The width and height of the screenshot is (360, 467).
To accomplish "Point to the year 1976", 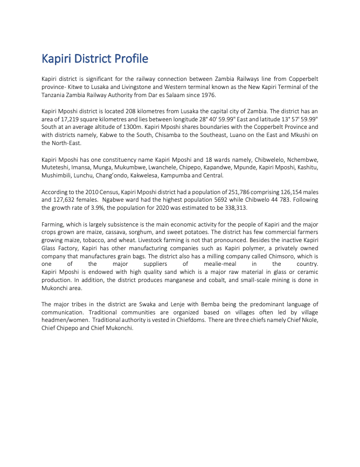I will pos(207,95).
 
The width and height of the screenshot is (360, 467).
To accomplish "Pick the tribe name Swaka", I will pos(140,305).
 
